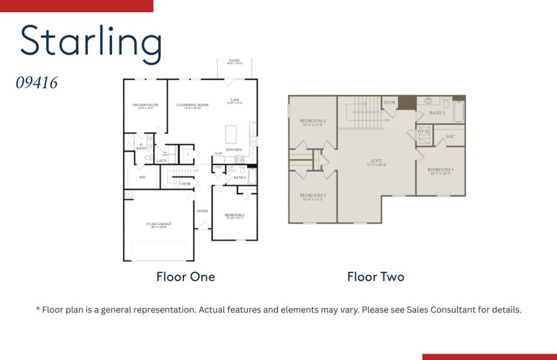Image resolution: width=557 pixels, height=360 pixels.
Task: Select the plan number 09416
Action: click(x=37, y=83)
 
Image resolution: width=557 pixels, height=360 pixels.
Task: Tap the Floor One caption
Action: click(x=185, y=277)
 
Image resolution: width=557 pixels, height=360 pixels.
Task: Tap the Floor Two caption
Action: click(x=375, y=277)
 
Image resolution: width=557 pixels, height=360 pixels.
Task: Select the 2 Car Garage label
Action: click(x=158, y=225)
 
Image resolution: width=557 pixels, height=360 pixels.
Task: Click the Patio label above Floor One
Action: click(x=234, y=61)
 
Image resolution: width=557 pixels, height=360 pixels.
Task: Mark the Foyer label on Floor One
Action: click(x=202, y=211)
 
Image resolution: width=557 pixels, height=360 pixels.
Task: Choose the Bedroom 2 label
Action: click(x=234, y=215)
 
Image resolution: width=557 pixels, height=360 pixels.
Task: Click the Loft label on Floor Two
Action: click(x=376, y=161)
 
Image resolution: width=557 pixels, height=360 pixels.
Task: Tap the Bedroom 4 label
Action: click(x=312, y=122)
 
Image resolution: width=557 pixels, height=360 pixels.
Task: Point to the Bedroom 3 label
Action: click(x=440, y=170)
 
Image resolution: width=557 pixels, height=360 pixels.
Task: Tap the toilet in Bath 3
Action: click(x=446, y=101)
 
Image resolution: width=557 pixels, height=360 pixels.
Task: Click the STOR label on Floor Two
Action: click(x=389, y=103)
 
